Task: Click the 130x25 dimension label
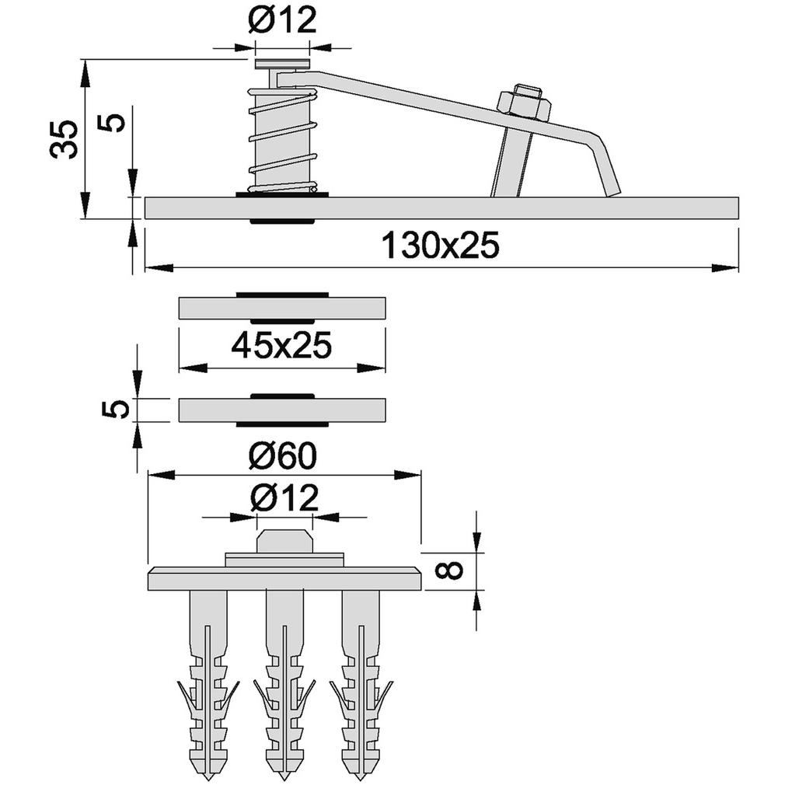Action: click(x=441, y=246)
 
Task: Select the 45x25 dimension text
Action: click(x=282, y=345)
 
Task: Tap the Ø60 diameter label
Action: click(x=284, y=456)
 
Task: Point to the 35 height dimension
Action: click(x=64, y=139)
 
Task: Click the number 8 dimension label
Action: click(x=449, y=570)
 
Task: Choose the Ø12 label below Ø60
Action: click(x=284, y=498)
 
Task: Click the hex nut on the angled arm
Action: click(x=524, y=103)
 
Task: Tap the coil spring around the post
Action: click(x=284, y=140)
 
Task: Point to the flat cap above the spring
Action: click(x=282, y=64)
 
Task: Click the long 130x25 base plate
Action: click(x=441, y=208)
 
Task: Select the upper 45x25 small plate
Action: click(x=282, y=308)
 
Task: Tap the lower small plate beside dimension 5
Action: click(x=282, y=410)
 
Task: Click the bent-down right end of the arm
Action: click(x=606, y=166)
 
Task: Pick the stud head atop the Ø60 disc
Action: click(x=284, y=541)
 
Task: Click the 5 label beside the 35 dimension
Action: click(x=115, y=123)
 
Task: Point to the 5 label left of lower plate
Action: click(x=115, y=410)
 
